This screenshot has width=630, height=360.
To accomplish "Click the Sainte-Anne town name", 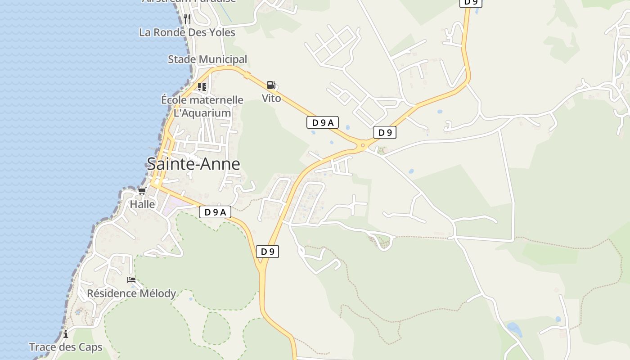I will tap(193, 164).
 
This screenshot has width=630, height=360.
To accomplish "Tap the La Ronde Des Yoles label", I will tap(187, 32).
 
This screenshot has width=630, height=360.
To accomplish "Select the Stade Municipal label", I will tap(207, 59).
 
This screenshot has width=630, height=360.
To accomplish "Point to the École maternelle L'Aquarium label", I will tap(202, 106).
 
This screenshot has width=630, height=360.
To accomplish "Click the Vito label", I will tap(271, 98).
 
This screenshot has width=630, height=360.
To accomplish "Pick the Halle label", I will tap(142, 204).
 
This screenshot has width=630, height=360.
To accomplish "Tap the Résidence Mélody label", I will tap(131, 294).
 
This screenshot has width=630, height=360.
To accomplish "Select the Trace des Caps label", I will tap(66, 347).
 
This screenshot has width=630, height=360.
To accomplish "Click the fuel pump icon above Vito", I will tap(271, 85).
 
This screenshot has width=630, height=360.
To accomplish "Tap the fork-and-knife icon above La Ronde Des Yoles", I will tap(187, 19).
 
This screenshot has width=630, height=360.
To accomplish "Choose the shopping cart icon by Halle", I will tap(142, 191).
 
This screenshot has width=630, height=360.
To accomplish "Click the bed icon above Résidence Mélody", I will tap(131, 280).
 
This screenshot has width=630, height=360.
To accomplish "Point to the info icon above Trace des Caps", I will tap(66, 334).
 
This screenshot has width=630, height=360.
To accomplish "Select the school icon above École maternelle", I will tap(202, 86).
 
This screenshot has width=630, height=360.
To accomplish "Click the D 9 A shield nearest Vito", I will tap(323, 122).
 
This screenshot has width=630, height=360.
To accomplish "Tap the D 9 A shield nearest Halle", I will tap(215, 212).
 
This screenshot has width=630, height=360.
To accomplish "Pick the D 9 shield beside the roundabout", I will tap(385, 132).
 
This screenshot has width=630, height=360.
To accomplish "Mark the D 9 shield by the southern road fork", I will tap(267, 252).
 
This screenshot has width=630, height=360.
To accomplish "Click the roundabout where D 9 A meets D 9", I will tap(362, 145).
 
